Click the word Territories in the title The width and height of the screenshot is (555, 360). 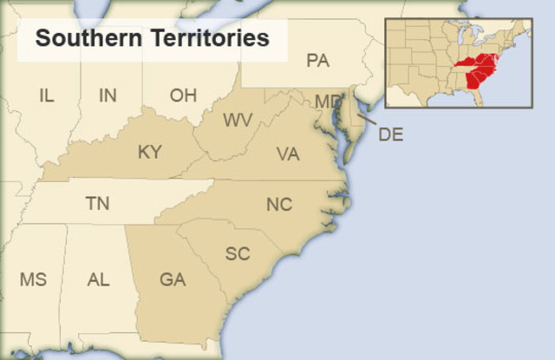pos(206,39)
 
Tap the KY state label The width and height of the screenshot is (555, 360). pos(149,153)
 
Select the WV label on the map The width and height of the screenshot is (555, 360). pos(238,120)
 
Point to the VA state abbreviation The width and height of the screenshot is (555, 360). pos(288,154)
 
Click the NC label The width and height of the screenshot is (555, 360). pos(279,205)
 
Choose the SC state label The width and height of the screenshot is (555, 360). pos(238,253)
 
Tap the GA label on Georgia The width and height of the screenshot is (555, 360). pos(173,279)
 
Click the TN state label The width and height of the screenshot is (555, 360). pos(97,204)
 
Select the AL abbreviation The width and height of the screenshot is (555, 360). pos(98,279)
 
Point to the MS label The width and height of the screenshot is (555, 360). pos(33,279)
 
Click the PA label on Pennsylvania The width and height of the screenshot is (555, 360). pos(317,60)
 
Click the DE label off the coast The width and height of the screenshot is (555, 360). pos(391,134)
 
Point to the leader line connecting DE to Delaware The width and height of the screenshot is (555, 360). pos(367,121)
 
